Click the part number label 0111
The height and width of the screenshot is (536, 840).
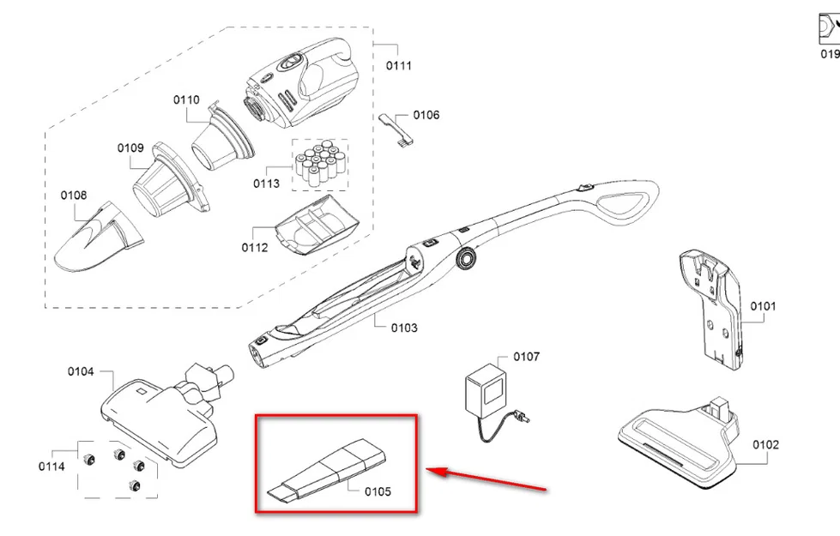[398, 66]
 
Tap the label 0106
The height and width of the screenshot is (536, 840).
[426, 115]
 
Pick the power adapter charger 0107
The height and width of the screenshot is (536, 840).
[484, 395]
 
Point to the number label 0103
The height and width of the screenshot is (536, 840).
[403, 328]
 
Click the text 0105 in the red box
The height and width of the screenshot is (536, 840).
[377, 491]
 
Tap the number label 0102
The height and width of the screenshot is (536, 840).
[765, 444]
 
